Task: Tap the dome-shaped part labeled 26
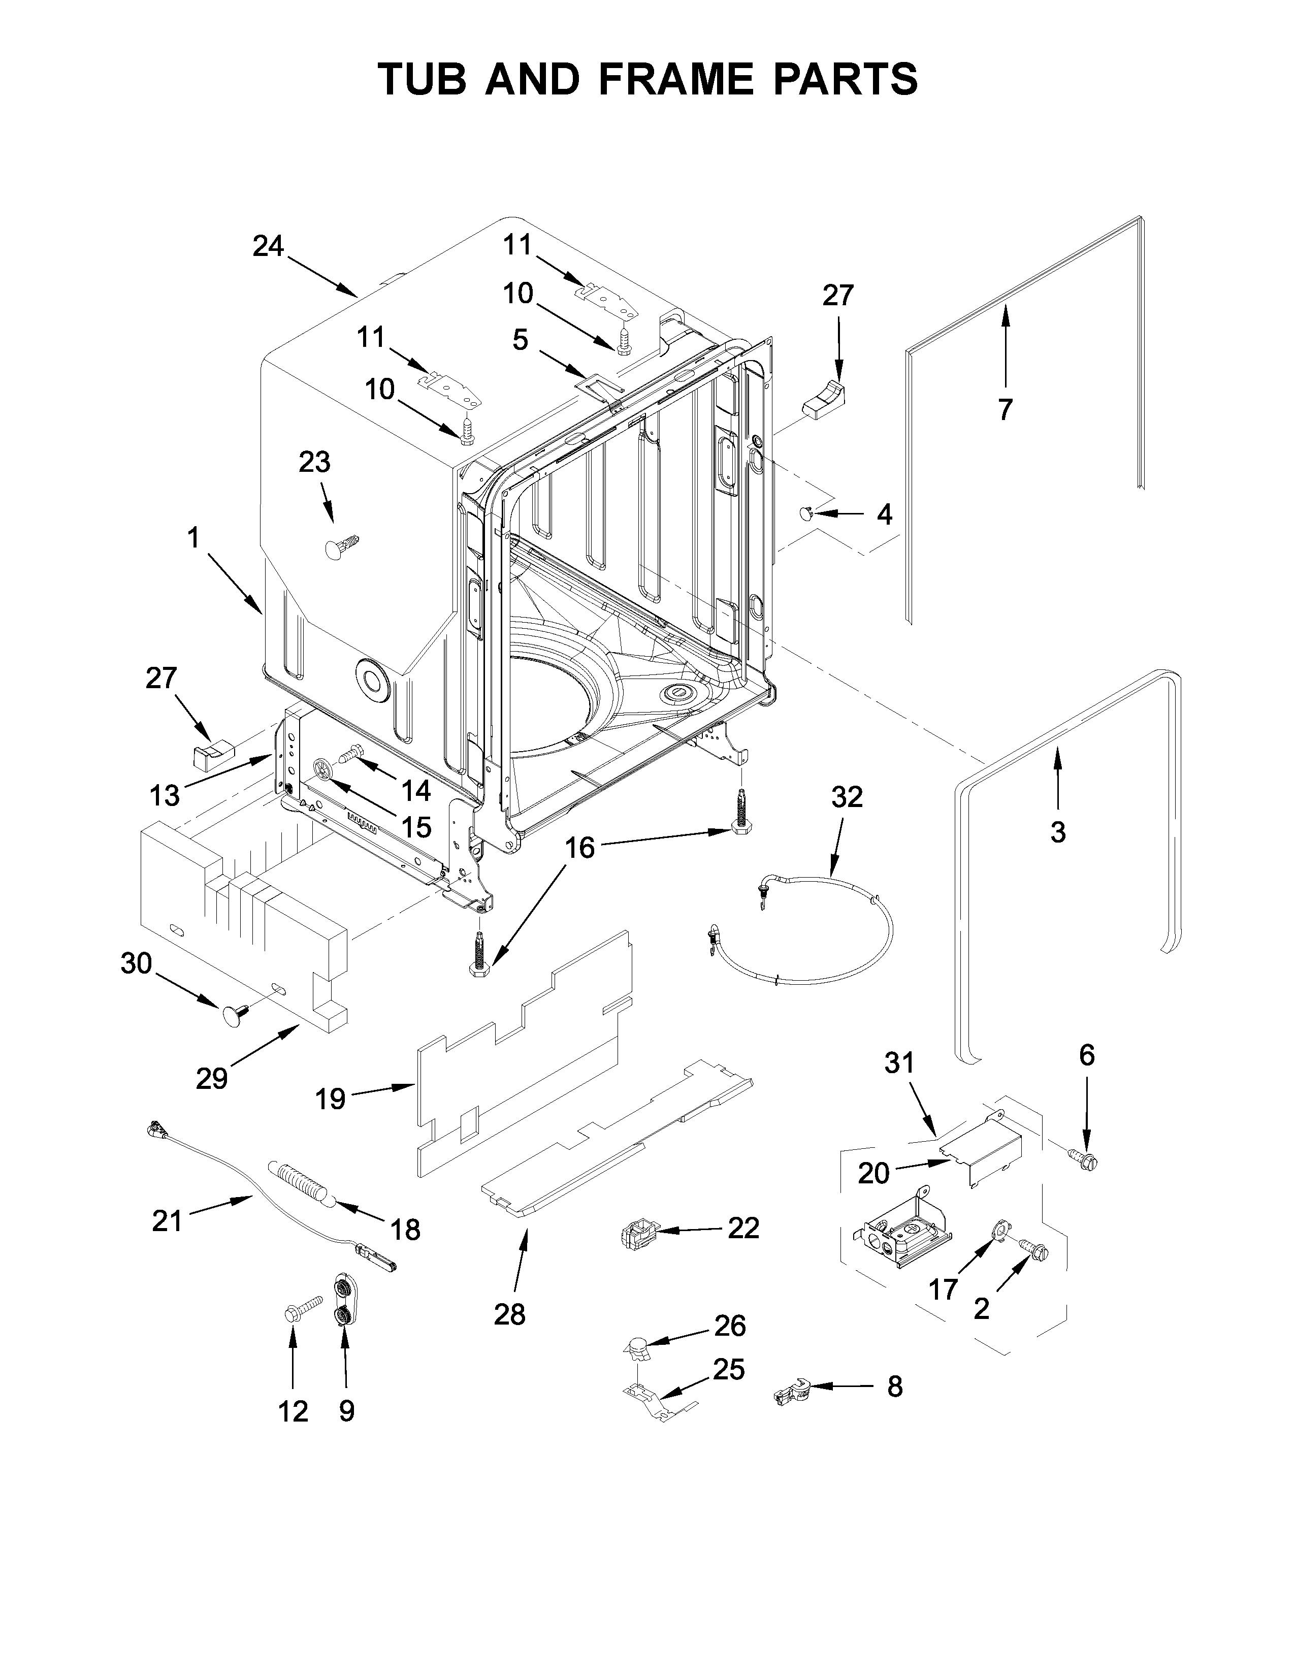635,1345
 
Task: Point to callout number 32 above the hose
847,797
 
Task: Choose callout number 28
509,1314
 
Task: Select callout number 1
193,538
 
